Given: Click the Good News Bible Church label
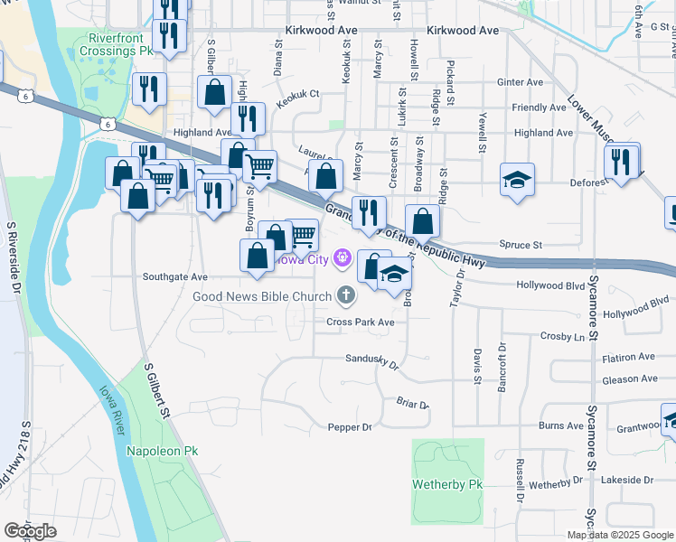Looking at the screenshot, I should click(261, 296).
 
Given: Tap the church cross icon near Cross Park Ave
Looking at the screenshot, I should click(344, 294).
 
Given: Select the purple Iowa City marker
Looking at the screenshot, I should click(342, 260).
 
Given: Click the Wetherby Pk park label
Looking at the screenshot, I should click(448, 485).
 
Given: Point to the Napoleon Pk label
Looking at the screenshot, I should click(162, 450).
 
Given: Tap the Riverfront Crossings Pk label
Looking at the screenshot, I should click(121, 45).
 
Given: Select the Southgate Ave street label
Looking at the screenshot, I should click(174, 277).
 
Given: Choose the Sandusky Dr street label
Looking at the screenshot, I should click(372, 361).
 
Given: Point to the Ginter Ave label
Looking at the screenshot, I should click(520, 82).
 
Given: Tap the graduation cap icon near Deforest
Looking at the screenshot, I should click(517, 180).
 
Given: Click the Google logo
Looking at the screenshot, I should click(30, 531).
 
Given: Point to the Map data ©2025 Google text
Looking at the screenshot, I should click(619, 535).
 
